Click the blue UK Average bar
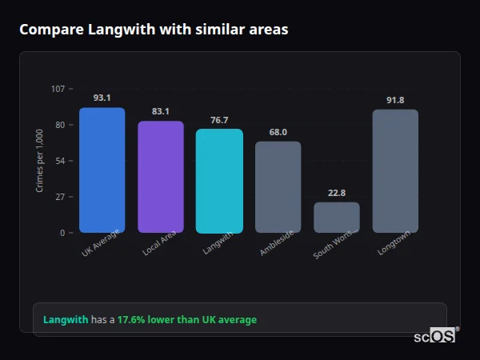click(x=102, y=170)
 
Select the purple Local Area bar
click(x=161, y=177)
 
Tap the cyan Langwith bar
click(x=219, y=181)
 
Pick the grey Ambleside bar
click(x=278, y=187)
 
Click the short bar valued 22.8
click(x=337, y=218)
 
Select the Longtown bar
click(x=395, y=171)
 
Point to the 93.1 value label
click(x=102, y=98)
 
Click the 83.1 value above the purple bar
click(x=161, y=111)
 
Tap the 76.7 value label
click(x=219, y=120)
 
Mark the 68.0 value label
click(x=278, y=132)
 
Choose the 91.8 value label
click(x=395, y=100)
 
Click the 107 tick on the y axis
click(x=58, y=89)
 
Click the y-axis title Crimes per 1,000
click(x=40, y=160)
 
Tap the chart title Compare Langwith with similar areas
click(x=154, y=30)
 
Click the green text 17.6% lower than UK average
click(x=187, y=320)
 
